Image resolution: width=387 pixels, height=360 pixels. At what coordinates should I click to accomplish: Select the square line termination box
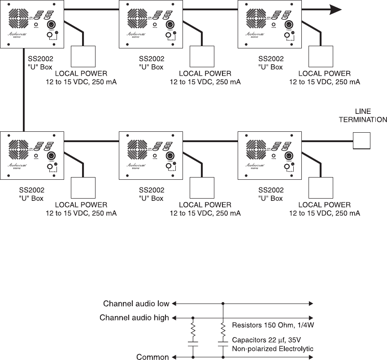362,140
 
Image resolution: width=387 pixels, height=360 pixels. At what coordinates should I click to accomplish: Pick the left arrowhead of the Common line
174,357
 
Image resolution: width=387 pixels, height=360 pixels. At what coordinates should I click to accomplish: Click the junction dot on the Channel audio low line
222,304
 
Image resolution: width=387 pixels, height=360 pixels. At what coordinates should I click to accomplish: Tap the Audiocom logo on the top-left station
16,33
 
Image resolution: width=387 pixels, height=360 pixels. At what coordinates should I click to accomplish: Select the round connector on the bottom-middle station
171,156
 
